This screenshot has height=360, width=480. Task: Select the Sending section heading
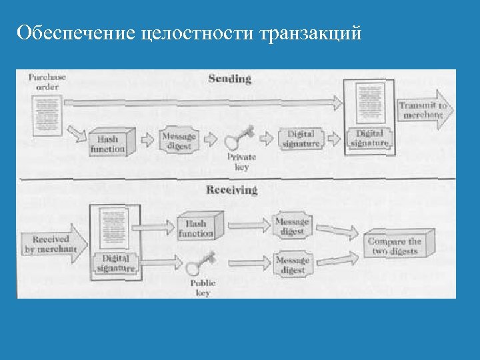point(230,79)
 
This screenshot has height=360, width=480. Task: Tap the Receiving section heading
point(231,190)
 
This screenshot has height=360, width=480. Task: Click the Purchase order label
point(47,81)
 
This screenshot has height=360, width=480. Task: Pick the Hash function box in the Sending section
point(108,143)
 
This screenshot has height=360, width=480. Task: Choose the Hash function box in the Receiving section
point(196,228)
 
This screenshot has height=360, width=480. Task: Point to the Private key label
point(241,162)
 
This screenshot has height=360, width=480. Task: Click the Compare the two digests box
point(399,245)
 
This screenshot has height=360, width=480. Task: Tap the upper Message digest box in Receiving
point(292,226)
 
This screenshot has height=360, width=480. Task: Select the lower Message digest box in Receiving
point(292,265)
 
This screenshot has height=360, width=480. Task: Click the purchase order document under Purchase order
point(46,113)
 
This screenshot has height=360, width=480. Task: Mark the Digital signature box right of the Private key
point(301,139)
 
